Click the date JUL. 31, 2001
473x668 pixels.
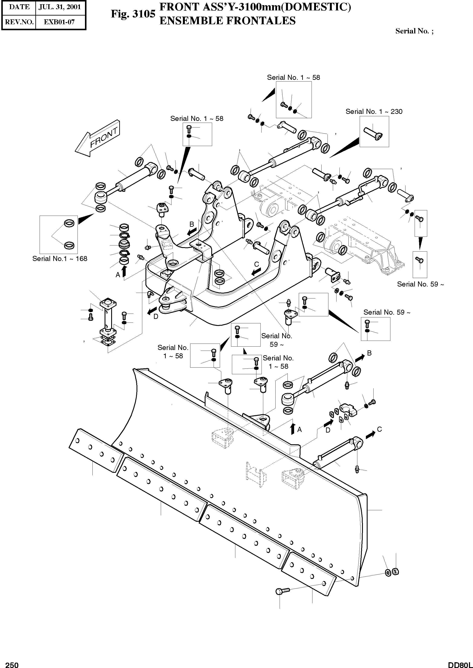click(x=60, y=7)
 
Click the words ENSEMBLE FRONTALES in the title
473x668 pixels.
click(x=227, y=21)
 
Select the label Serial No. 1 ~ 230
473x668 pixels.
click(x=374, y=112)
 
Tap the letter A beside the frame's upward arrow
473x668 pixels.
click(x=118, y=275)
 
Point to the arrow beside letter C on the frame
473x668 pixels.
click(x=256, y=272)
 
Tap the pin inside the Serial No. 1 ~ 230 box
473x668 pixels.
click(x=373, y=133)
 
